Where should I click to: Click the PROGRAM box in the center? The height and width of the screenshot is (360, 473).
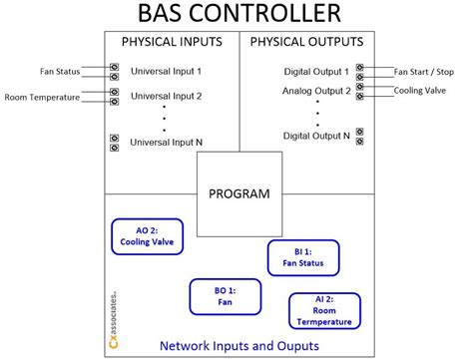pyautogui.click(x=237, y=193)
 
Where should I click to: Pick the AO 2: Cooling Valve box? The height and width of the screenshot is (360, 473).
pyautogui.click(x=147, y=235)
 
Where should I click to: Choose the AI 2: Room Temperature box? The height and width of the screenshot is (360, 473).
pyautogui.click(x=323, y=310)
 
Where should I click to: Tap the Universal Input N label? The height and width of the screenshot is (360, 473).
pyautogui.click(x=167, y=143)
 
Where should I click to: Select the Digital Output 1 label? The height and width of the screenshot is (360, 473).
pyautogui.click(x=316, y=72)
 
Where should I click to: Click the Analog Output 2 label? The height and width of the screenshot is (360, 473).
pyautogui.click(x=316, y=91)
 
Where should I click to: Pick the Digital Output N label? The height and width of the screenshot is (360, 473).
pyautogui.click(x=316, y=135)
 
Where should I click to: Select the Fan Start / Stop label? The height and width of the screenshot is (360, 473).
pyautogui.click(x=425, y=71)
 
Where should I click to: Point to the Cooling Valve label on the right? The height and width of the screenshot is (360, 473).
pyautogui.click(x=420, y=89)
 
